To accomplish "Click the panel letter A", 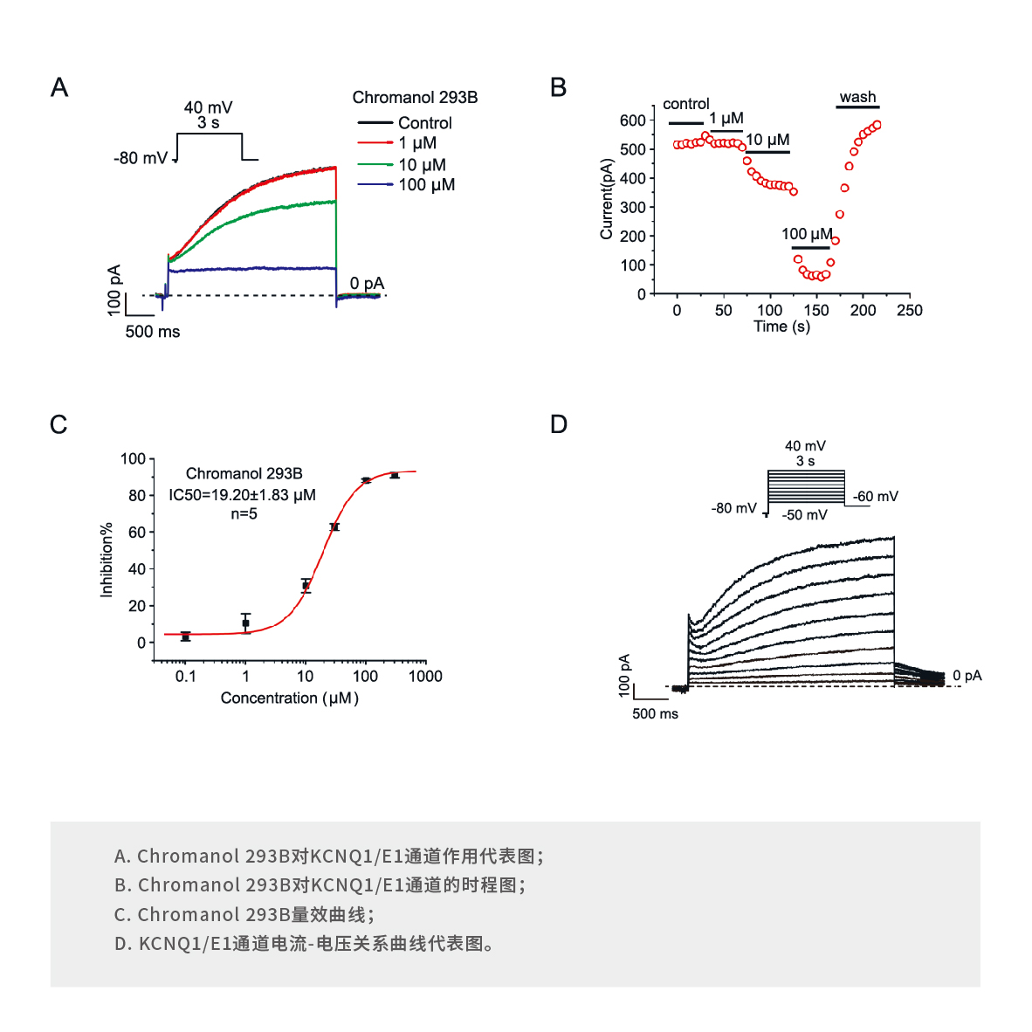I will click(x=59, y=87).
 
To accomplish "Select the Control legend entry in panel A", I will click(x=424, y=123).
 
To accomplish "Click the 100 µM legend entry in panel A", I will click(x=426, y=184).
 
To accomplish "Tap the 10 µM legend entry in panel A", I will click(x=422, y=164).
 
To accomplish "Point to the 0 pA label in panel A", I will click(x=367, y=283).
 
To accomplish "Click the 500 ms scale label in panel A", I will click(x=153, y=332).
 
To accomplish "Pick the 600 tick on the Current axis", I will click(x=633, y=120).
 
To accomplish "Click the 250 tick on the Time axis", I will click(x=909, y=311).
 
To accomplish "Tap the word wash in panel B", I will click(x=857, y=97).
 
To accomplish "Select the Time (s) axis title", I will click(x=781, y=327).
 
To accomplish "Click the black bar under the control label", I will click(x=685, y=124).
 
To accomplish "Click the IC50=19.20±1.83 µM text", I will click(x=243, y=495).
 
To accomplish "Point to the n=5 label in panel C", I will click(x=244, y=514).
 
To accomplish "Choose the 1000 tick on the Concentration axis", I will click(x=425, y=676).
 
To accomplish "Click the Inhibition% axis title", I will click(x=107, y=560).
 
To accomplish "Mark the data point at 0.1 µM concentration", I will click(x=185, y=636).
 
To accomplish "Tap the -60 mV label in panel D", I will click(x=876, y=497).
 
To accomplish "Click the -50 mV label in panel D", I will click(x=804, y=515).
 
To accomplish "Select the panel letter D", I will click(x=559, y=424).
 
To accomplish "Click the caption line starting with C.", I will click(x=244, y=914).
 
